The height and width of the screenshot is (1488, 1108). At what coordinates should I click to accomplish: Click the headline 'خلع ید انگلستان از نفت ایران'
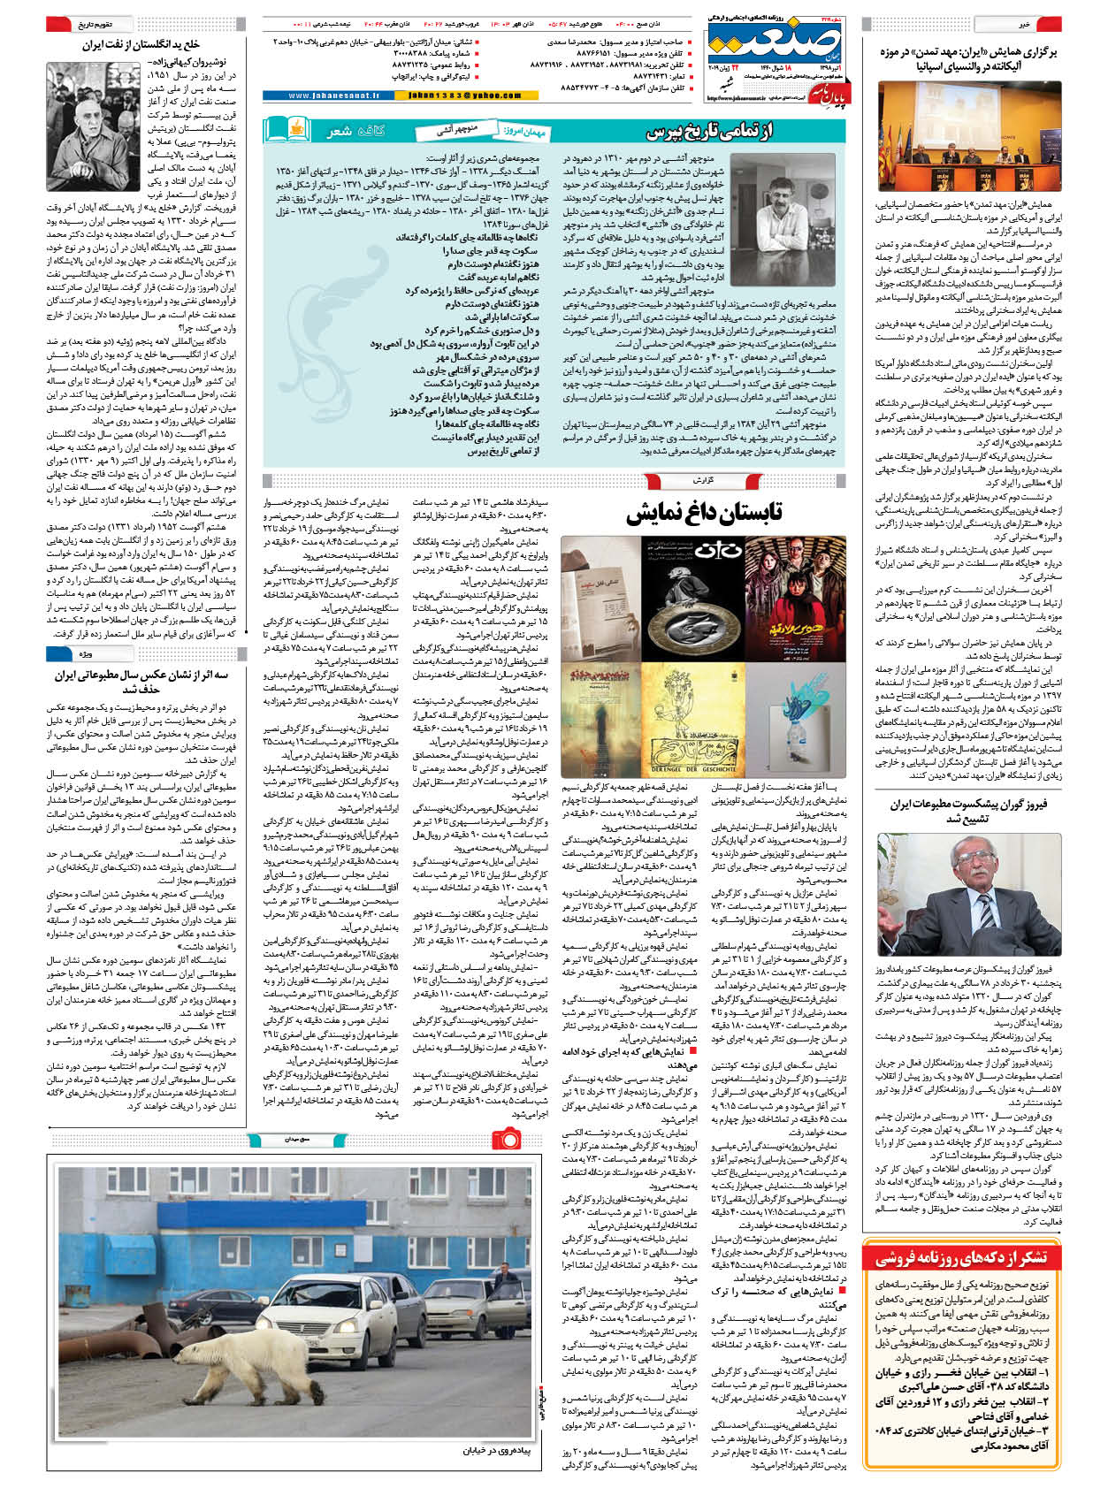click(141, 44)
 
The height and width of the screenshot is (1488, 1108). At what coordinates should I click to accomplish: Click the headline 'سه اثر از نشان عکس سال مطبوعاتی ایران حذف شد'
click(141, 682)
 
